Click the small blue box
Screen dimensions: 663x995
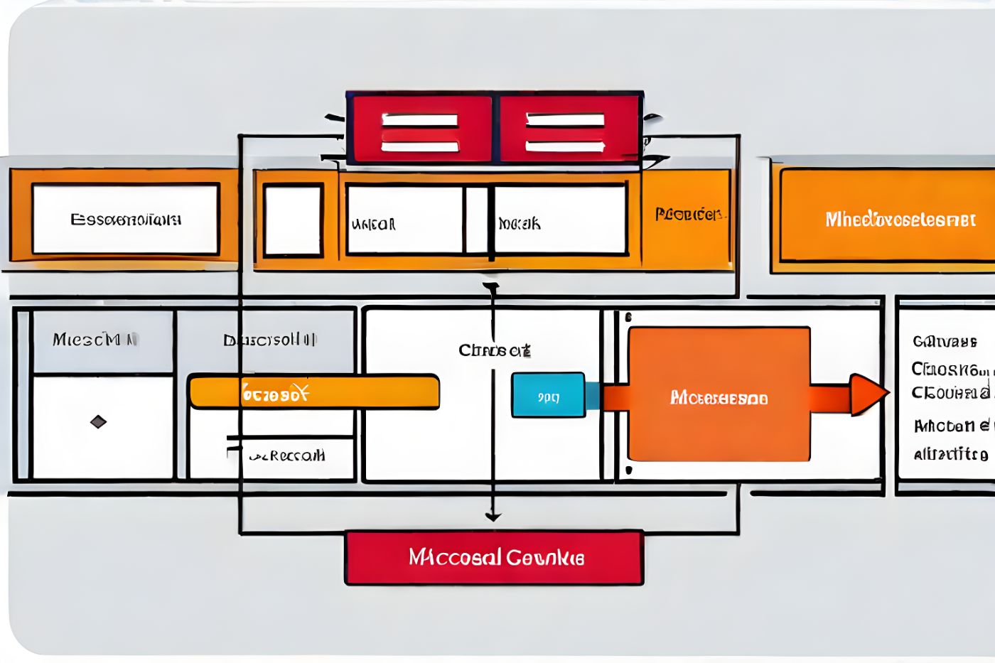(548, 395)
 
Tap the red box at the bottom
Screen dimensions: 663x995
(495, 557)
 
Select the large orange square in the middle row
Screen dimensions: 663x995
(719, 394)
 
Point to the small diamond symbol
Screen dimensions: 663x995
(98, 422)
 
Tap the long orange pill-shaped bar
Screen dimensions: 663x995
(313, 392)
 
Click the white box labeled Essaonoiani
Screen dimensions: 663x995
(125, 219)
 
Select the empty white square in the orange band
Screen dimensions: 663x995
(293, 220)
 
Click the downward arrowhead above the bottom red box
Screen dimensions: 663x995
(493, 517)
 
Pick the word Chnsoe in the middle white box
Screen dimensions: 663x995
(494, 350)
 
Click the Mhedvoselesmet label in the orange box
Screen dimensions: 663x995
(900, 220)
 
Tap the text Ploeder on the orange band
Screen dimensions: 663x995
(688, 214)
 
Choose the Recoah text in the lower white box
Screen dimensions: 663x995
(288, 456)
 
